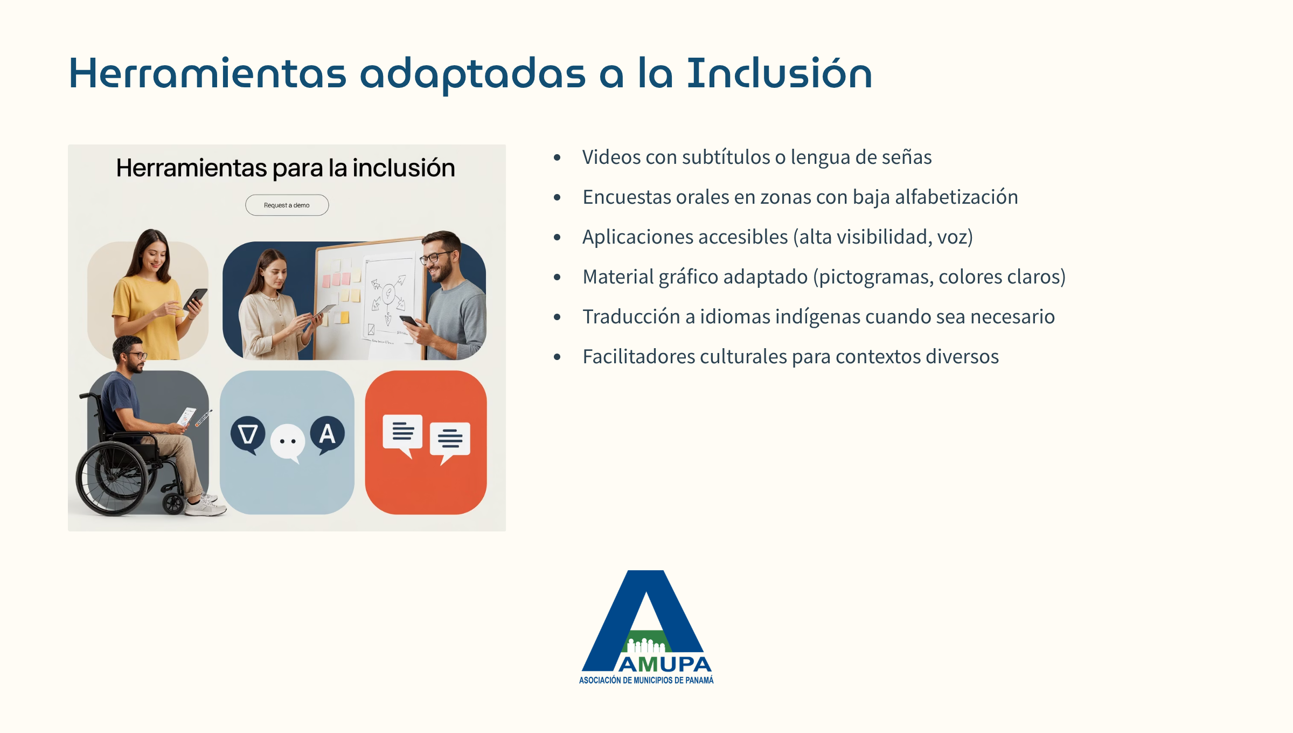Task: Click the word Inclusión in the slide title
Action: coord(779,73)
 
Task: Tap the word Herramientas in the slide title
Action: coord(208,73)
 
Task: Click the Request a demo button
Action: coord(287,205)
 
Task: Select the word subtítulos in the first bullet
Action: coord(726,157)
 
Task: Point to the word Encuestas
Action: coord(627,197)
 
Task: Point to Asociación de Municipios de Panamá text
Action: coord(646,680)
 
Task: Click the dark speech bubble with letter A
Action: coord(327,435)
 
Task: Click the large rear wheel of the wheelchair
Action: coord(112,479)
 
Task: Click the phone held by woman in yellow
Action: coord(195,299)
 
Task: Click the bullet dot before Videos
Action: coord(557,157)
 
